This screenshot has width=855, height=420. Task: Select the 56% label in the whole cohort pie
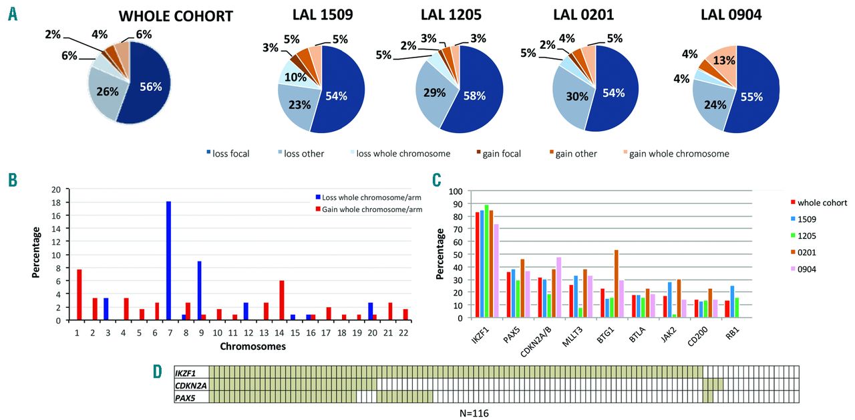151,86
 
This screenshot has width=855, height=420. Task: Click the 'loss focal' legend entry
227,154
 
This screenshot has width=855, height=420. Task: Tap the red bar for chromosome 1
79,294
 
